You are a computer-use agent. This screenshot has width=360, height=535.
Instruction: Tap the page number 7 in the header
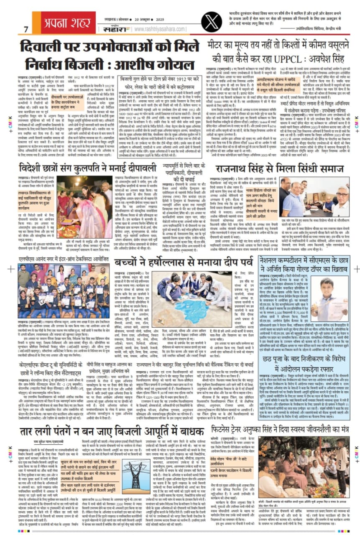click(x=26, y=30)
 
